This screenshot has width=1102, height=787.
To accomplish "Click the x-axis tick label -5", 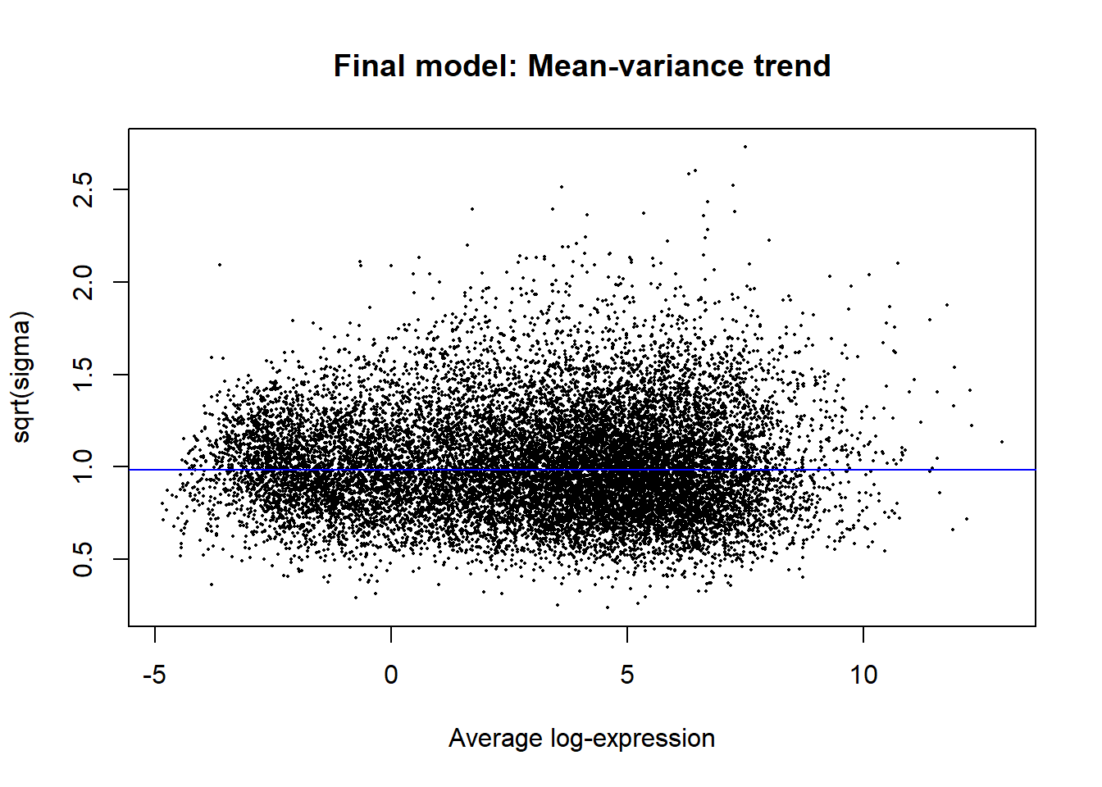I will click(154, 676).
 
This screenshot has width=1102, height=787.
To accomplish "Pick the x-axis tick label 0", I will click(391, 676).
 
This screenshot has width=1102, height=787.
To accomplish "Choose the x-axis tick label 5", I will click(627, 676).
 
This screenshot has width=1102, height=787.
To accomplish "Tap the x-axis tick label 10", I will click(863, 676).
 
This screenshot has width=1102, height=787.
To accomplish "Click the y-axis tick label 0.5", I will click(84, 560).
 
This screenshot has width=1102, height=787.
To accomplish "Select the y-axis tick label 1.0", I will click(84, 467).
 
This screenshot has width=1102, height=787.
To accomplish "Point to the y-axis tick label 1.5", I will click(84, 375).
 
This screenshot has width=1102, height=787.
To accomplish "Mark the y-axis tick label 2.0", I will click(84, 282).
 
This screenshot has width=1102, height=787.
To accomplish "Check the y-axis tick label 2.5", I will click(84, 189).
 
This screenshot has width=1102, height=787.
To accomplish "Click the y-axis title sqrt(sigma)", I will click(21, 377).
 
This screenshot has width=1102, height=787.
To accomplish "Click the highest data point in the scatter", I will click(745, 147).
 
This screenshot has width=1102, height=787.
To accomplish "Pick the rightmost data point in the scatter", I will click(1002, 442).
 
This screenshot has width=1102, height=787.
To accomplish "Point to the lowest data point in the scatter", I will click(608, 607).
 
